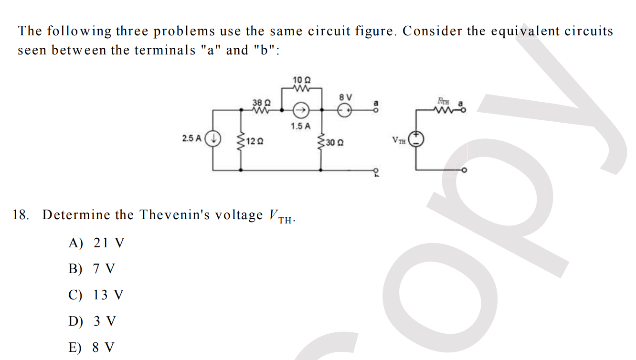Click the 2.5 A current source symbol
click(212, 139)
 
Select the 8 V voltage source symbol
click(345, 111)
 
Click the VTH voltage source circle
click(417, 139)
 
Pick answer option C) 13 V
click(96, 295)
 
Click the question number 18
click(21, 215)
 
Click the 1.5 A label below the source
click(300, 127)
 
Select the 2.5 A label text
click(191, 138)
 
